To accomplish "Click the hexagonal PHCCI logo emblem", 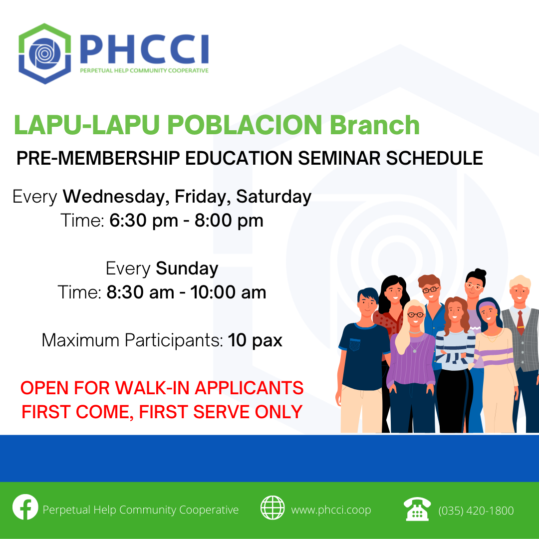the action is pos(45,53).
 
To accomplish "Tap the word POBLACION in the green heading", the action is pos(245,125).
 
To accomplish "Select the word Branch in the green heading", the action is pos(375,125).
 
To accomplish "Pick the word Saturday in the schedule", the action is pos(273,197).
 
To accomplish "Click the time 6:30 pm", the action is pos(144,221).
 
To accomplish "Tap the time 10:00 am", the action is pos(228,292).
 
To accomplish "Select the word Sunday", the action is pos(187,269).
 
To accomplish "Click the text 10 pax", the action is pos(255,340).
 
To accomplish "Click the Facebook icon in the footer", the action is pos(25,507).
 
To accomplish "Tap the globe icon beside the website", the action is pos(272,508).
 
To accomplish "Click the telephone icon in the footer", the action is pos(417,509).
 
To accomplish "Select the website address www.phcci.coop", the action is pos(331,510).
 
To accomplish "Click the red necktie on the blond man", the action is pos(521,322).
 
